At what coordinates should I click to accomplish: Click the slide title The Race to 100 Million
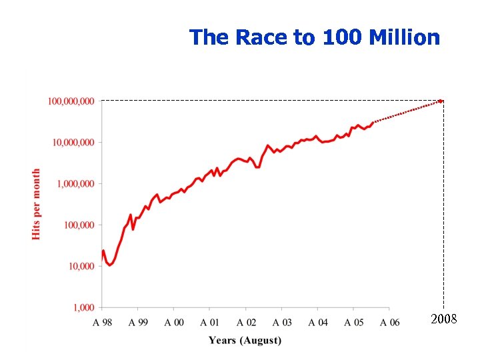pos(314,37)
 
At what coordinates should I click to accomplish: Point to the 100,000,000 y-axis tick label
pos(71,101)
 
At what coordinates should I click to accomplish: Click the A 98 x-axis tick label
pos(102,322)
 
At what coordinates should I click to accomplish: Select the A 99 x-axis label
pos(138,322)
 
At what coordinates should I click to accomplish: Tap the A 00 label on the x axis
pos(174,322)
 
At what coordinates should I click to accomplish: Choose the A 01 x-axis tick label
pos(210,322)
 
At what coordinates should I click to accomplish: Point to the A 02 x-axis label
pos(246,322)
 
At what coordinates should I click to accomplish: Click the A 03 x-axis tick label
pos(282,322)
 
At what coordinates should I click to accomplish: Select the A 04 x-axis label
pos(318,322)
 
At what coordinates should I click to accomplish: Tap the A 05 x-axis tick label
pos(354,322)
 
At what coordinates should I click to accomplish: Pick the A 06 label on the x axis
pos(390,322)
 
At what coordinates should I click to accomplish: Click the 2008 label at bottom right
pos(443,319)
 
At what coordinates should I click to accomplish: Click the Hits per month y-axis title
pos(37,204)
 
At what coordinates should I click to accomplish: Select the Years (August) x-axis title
pos(245,341)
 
